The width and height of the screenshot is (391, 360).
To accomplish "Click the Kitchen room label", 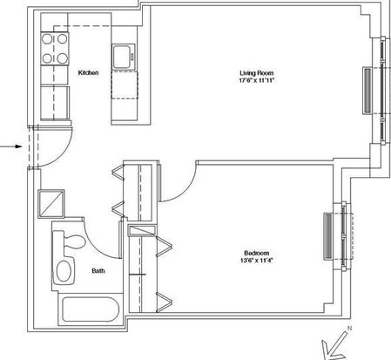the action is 88,72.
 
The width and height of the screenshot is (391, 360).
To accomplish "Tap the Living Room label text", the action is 256,73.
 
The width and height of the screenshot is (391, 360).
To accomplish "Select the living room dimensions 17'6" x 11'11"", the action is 256,80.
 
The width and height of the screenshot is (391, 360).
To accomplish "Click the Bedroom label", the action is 256,253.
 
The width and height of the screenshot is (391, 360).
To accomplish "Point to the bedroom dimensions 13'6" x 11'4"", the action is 256,261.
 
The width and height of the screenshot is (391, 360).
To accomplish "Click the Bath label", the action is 98,271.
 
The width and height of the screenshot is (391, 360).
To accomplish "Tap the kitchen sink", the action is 124,57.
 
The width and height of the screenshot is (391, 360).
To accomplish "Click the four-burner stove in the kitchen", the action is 55,49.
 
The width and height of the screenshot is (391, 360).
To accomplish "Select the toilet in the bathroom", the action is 70,242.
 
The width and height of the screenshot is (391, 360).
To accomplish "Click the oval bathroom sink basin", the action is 64,271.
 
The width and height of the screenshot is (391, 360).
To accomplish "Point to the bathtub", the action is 91,309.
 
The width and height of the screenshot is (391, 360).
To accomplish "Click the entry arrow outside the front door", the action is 11,146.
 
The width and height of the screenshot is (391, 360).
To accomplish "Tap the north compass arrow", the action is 334,344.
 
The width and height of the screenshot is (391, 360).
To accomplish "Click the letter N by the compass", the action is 349,329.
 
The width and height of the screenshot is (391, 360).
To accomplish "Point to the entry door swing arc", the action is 61,153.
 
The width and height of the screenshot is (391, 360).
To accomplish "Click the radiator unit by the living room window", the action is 367,91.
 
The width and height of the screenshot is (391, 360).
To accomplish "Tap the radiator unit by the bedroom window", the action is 328,236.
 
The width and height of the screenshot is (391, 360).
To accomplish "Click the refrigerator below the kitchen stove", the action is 55,103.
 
